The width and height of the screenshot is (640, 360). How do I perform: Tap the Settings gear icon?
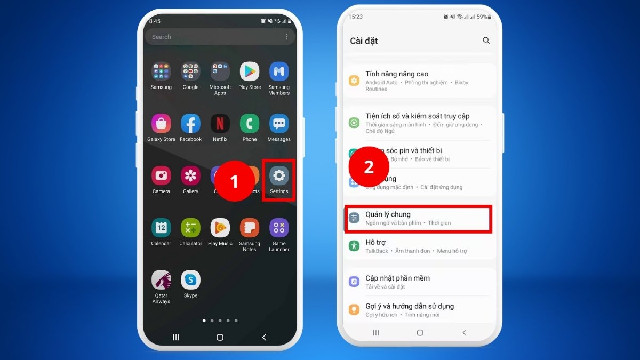(x=279, y=176)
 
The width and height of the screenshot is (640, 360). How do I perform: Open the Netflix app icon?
(x=220, y=124)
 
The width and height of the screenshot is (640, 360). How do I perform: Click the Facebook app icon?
(x=190, y=124)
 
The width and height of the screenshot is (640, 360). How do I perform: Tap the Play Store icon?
(x=249, y=71)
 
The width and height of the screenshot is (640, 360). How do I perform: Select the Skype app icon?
(x=190, y=280)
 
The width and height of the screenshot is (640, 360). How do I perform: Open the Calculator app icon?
(x=190, y=228)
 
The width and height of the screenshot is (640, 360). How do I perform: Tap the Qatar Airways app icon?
(x=161, y=280)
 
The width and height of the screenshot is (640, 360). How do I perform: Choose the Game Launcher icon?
(x=279, y=228)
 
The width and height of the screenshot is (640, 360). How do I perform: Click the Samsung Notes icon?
(x=249, y=228)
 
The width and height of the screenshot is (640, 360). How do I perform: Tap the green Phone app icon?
(x=249, y=124)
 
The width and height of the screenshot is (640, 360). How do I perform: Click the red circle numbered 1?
(x=234, y=181)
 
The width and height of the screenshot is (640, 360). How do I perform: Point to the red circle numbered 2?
(x=369, y=167)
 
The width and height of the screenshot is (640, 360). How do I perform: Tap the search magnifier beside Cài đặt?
(x=486, y=41)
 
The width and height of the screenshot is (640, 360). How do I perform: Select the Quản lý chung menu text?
(x=388, y=214)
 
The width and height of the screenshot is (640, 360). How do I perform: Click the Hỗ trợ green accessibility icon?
(x=354, y=246)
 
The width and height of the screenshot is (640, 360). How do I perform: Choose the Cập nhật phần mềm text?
(x=397, y=278)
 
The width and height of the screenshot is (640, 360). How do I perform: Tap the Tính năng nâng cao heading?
(x=397, y=74)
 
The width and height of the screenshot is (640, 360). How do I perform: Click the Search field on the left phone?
(x=213, y=37)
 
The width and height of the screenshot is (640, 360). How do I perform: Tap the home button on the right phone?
(x=420, y=333)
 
